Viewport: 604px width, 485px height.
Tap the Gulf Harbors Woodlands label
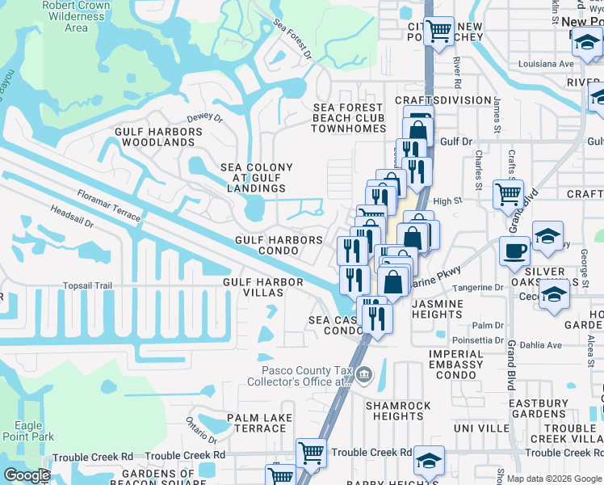pos(155,137)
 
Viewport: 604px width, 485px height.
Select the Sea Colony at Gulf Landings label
pos(257,178)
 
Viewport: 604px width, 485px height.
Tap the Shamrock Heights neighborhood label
pos(394,411)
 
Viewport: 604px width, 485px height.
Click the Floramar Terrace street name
pos(109,206)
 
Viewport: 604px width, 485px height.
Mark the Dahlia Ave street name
pos(544,345)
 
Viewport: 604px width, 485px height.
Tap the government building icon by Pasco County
pos(364,374)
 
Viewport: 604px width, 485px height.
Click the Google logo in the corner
pos(27,475)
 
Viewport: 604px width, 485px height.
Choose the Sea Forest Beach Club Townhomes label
pos(347,118)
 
